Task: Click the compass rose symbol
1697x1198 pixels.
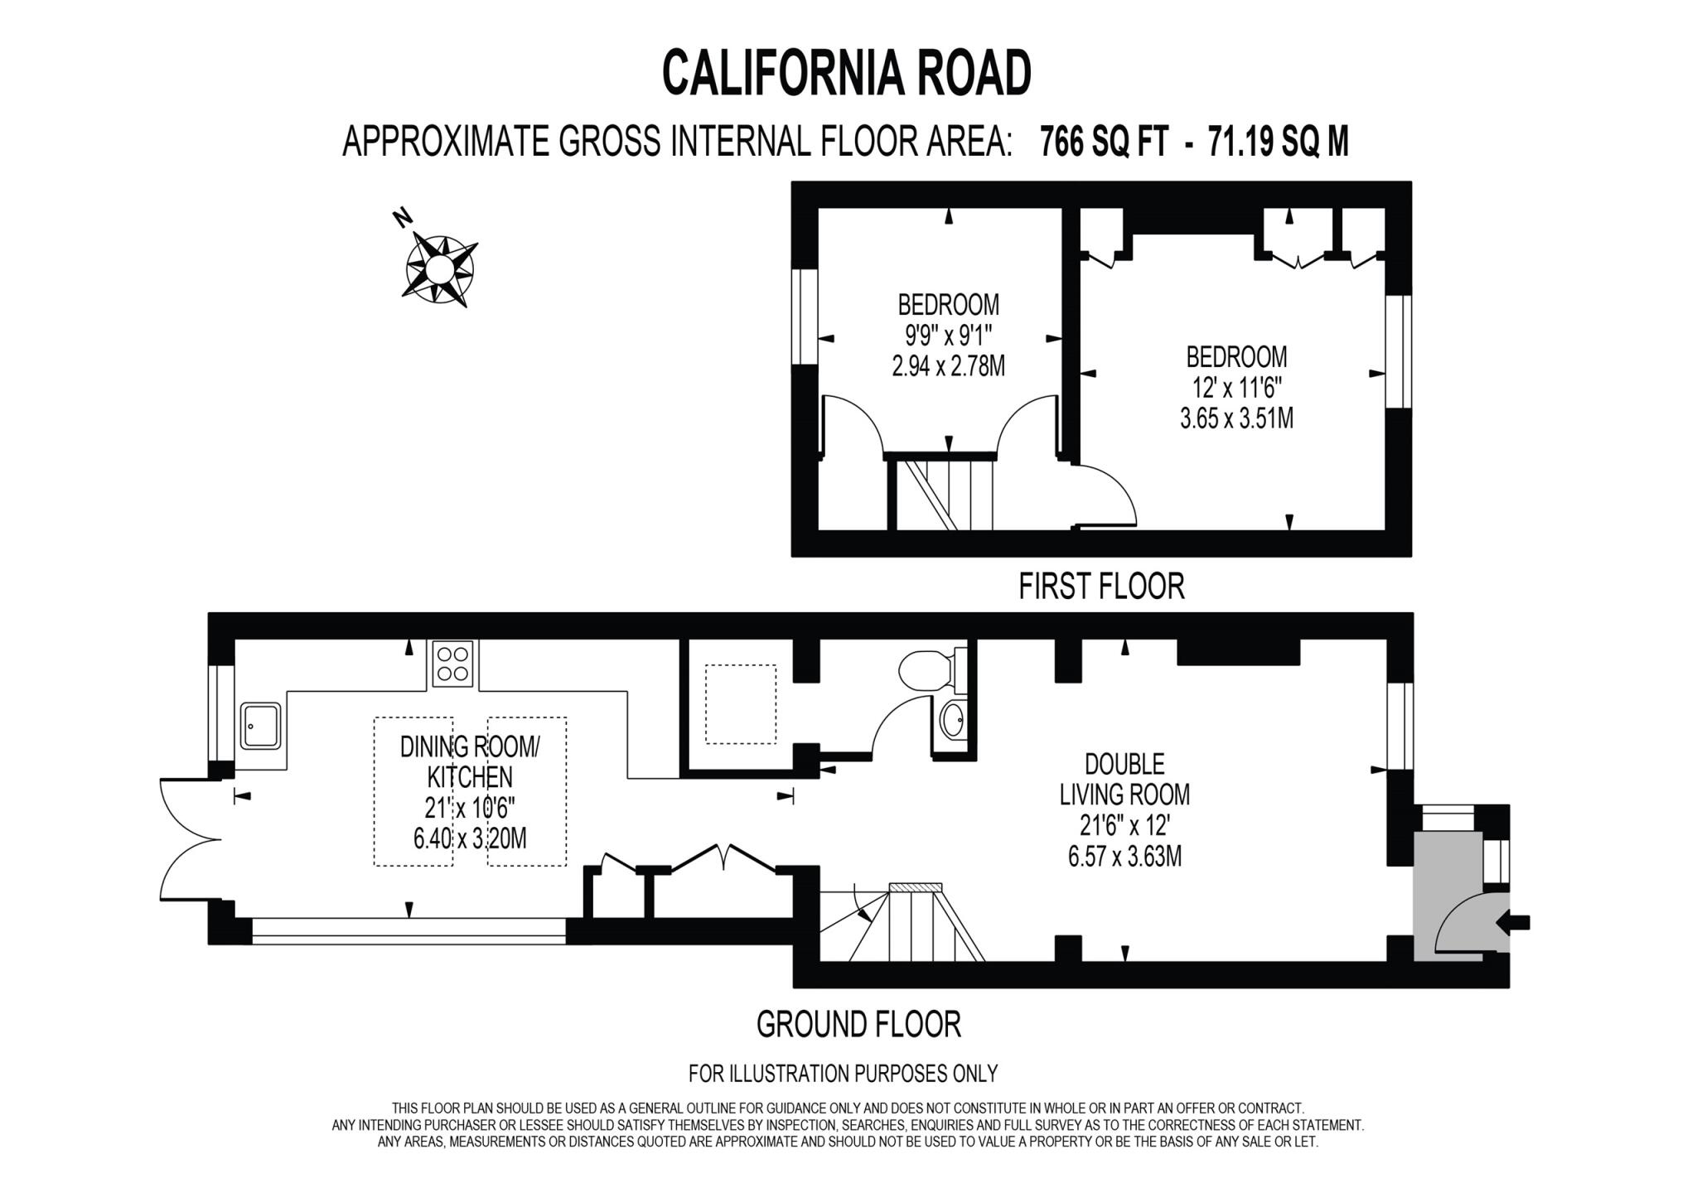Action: point(440,268)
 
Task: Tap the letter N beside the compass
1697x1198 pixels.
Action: point(403,218)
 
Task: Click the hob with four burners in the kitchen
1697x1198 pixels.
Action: point(453,664)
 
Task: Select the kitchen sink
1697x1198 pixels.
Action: point(261,726)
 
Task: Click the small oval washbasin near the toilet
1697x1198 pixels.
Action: point(954,721)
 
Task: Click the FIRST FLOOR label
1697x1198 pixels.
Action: point(1100,587)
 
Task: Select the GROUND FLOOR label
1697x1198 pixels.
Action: point(858,1025)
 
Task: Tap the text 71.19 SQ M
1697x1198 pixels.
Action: point(1278,143)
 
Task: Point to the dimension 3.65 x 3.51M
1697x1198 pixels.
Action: point(1236,418)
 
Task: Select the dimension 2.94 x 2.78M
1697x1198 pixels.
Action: point(948,365)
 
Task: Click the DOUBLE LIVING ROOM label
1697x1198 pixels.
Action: point(1124,779)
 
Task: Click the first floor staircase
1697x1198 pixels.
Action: point(942,495)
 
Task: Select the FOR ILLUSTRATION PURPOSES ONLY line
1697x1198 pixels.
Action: point(843,1074)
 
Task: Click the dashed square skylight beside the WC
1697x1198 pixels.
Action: point(740,704)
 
